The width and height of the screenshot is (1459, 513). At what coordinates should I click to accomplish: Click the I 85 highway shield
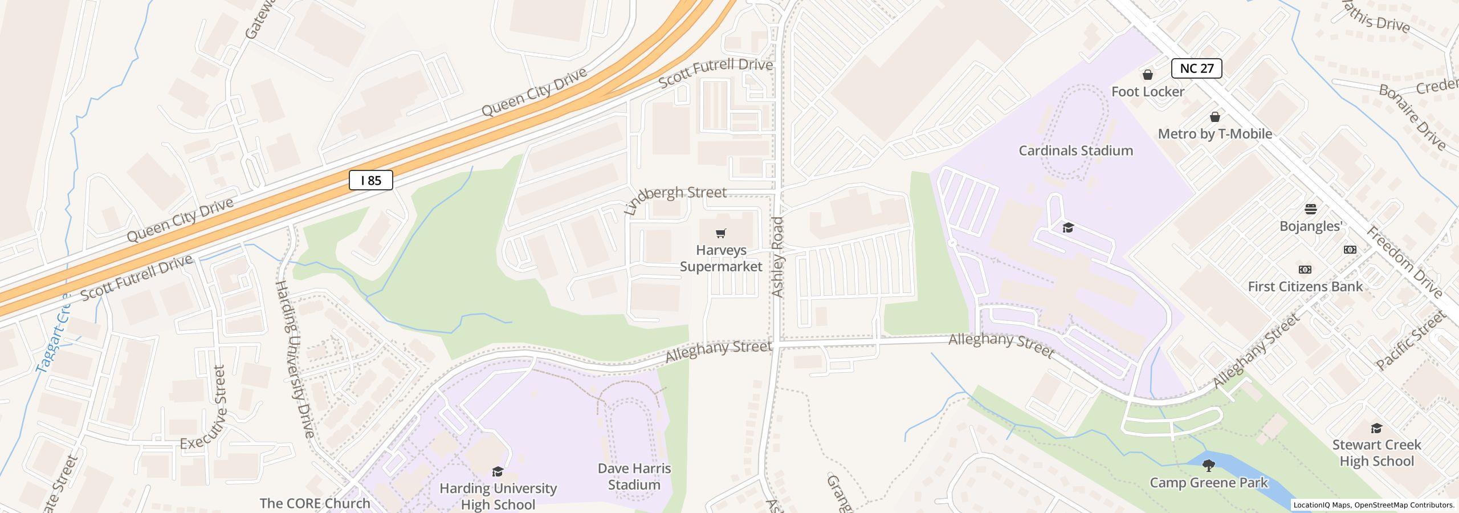[x=370, y=181]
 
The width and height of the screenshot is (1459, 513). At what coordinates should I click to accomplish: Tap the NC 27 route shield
[x=1196, y=68]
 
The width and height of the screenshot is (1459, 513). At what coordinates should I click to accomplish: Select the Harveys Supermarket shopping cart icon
[x=721, y=233]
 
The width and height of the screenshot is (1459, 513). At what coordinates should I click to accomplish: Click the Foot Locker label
[x=1147, y=92]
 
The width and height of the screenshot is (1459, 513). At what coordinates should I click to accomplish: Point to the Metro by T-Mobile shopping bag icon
[x=1215, y=117]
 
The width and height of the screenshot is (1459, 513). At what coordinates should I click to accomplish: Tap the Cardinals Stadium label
[x=1075, y=150]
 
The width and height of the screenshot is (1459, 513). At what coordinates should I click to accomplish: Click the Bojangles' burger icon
[x=1311, y=209]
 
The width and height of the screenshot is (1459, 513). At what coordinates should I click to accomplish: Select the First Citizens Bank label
[x=1305, y=287]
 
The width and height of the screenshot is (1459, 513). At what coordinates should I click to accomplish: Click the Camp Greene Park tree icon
[x=1208, y=466]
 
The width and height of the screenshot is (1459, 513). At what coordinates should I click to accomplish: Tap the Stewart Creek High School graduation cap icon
[x=1376, y=428]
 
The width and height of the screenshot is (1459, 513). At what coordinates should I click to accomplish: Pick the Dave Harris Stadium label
[x=634, y=477]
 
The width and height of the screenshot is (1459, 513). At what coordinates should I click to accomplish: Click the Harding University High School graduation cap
[x=498, y=471]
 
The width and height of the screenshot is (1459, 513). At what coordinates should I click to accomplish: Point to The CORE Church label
[x=315, y=503]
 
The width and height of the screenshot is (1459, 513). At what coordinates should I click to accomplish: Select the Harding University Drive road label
[x=295, y=359]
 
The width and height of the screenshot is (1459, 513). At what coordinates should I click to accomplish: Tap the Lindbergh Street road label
[x=675, y=199]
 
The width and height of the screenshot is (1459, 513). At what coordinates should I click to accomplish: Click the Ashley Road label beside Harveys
[x=777, y=256]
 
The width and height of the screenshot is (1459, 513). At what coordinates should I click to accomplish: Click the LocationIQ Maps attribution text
[x=1374, y=505]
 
